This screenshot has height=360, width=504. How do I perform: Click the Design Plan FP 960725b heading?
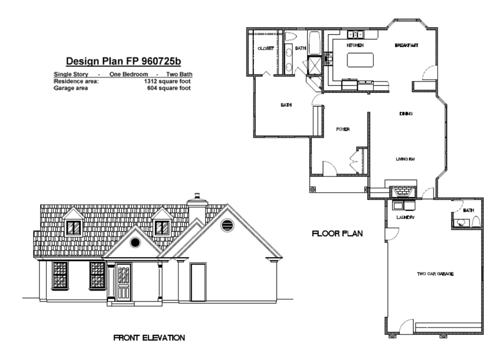click(123, 61)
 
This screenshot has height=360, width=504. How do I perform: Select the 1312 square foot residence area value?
click(167, 81)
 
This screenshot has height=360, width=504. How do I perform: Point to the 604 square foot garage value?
click(169, 88)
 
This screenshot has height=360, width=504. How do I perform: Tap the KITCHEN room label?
click(355, 45)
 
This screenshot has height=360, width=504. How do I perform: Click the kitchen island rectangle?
click(361, 60)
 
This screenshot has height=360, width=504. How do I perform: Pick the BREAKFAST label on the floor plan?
click(406, 45)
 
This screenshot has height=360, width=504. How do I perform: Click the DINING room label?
click(406, 114)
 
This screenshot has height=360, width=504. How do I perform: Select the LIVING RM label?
click(405, 159)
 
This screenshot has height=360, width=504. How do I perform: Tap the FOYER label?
click(343, 129)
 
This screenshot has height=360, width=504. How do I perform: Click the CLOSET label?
click(266, 48)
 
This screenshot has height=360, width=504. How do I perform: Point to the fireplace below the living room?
click(401, 191)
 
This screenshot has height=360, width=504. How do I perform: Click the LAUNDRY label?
click(405, 217)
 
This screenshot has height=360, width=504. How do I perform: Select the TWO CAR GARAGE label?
click(435, 274)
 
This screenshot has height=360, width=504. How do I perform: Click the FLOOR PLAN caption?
click(337, 233)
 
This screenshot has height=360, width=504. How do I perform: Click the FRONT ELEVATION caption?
click(149, 338)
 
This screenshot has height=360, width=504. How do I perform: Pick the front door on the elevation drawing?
click(123, 282)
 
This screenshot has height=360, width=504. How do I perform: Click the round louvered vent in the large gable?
click(227, 225)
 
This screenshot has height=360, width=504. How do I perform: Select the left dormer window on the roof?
click(74, 228)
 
